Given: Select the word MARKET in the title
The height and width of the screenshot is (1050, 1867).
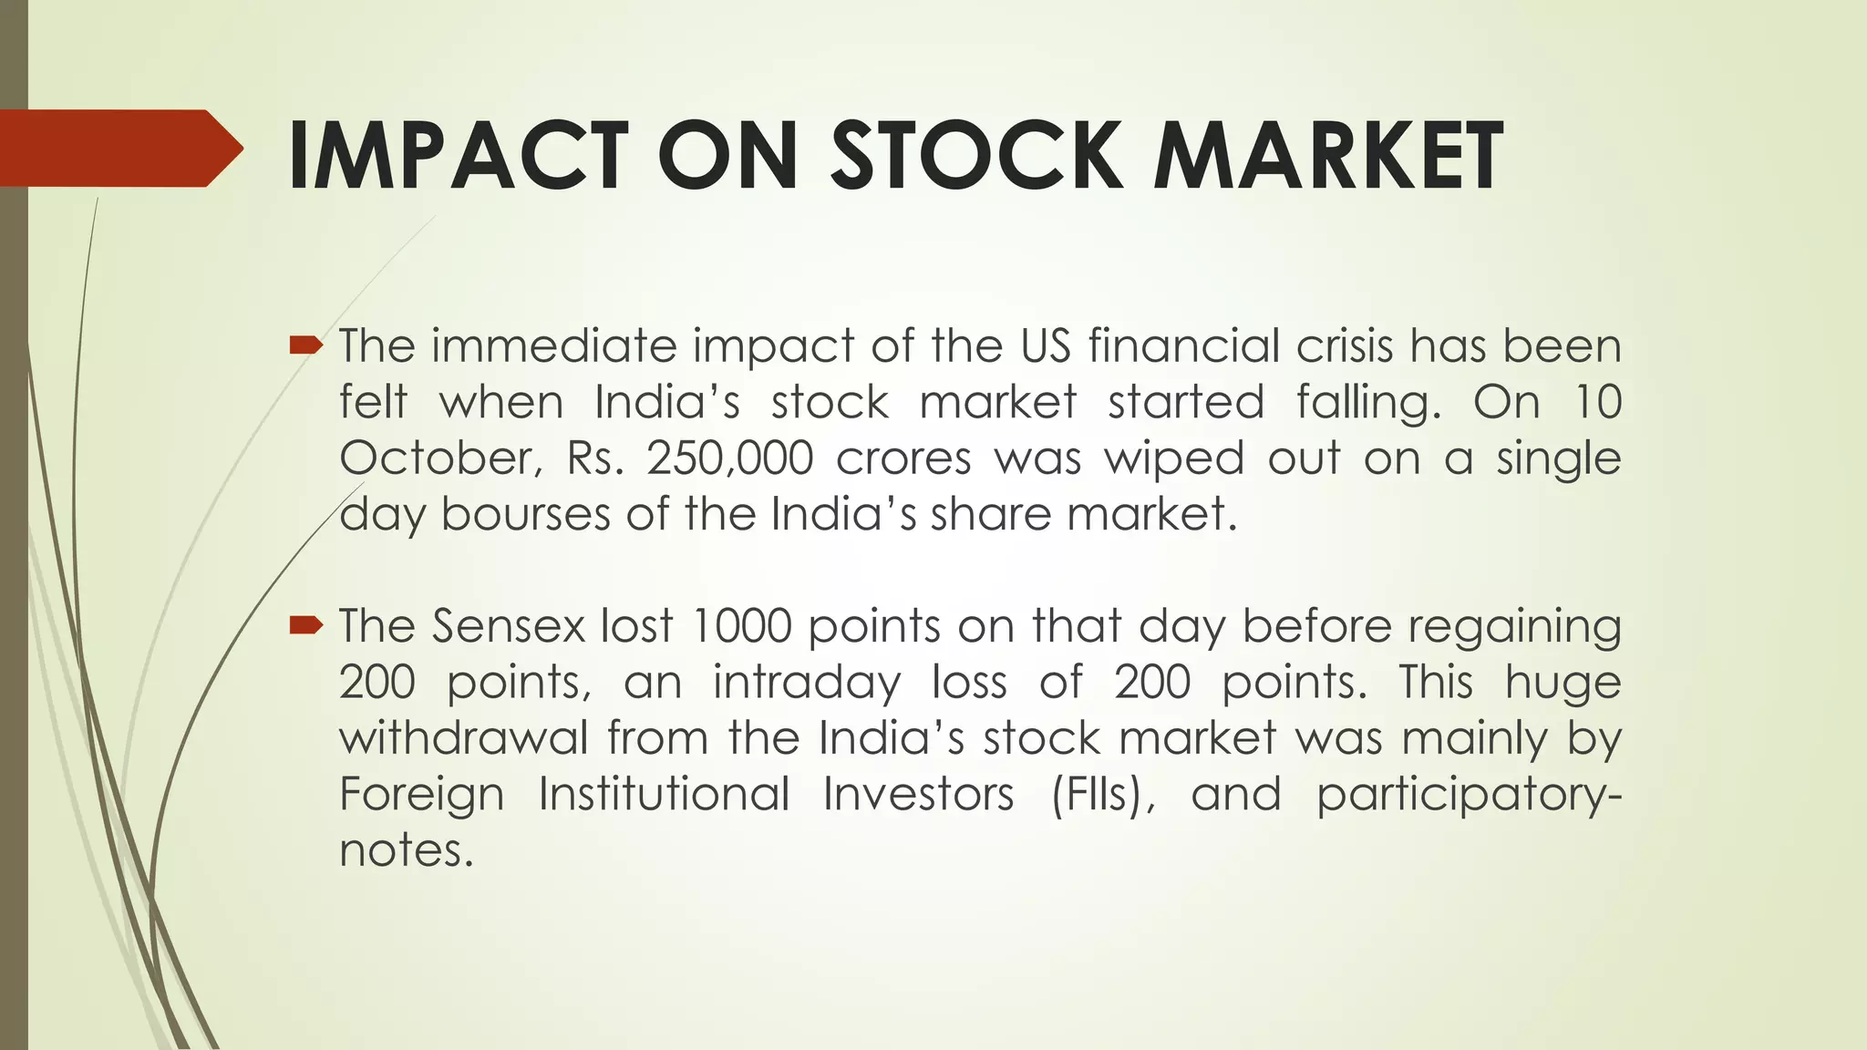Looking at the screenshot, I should click(x=1327, y=157).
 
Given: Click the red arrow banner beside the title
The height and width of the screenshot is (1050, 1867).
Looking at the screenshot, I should click(x=119, y=149).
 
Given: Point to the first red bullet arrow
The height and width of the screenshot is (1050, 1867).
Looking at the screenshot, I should click(x=305, y=345).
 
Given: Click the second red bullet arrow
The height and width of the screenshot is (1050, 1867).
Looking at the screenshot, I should click(x=305, y=624).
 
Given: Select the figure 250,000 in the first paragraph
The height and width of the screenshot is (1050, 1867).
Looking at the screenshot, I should click(x=729, y=458).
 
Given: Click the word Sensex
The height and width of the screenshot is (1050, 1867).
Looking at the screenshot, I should click(x=508, y=626).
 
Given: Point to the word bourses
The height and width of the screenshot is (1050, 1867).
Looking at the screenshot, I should click(x=525, y=514).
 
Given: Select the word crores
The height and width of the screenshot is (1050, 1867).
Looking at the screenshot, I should click(x=903, y=458).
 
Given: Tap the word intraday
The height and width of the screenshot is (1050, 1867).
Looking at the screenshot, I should click(x=806, y=683).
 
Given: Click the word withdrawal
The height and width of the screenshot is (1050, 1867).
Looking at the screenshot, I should click(x=464, y=737).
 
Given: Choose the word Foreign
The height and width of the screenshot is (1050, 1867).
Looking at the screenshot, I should click(x=421, y=794).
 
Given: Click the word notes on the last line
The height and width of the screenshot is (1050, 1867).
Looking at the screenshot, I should click(x=406, y=850).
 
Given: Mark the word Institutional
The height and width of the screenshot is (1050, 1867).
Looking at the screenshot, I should click(x=664, y=794).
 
